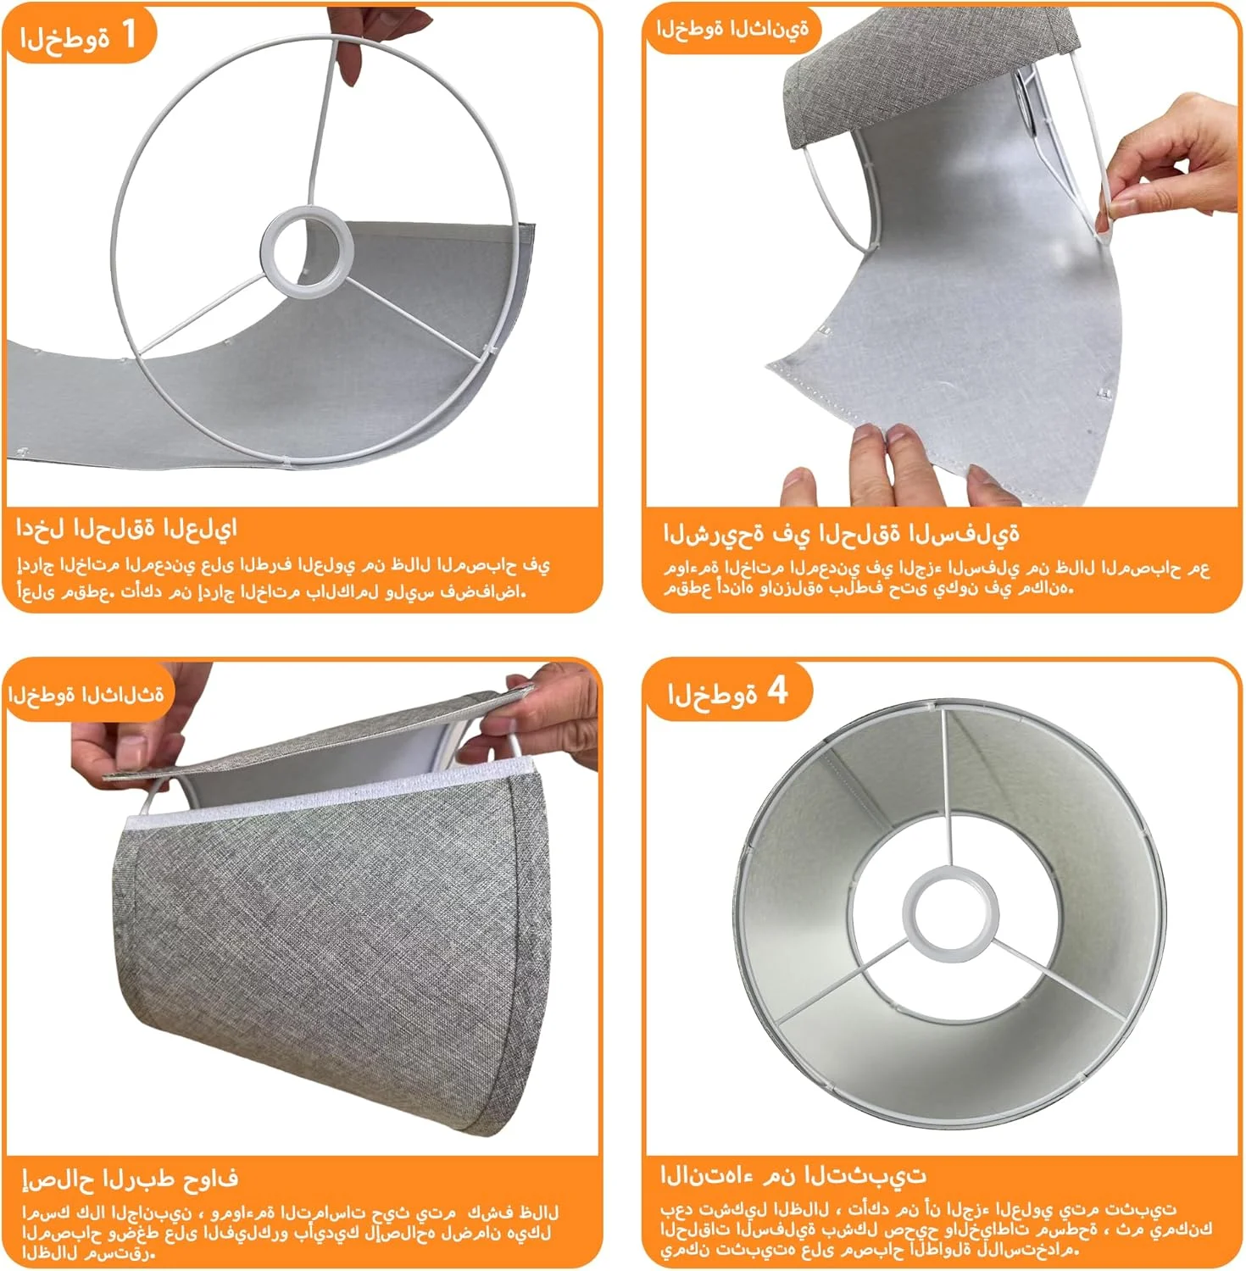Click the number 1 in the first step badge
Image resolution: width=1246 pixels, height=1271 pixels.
point(129,34)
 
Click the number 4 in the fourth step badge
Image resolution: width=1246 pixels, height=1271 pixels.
point(777,691)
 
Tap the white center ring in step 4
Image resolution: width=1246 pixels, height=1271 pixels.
point(947,920)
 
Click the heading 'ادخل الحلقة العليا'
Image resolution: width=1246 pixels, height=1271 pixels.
point(126,529)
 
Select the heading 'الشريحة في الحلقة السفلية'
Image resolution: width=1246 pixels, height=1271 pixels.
point(841,533)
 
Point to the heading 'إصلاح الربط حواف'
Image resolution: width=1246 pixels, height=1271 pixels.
point(130,1177)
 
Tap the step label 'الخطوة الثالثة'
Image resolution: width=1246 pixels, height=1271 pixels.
point(86,694)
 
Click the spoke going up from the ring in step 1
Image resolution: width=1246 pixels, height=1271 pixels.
point(320,124)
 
